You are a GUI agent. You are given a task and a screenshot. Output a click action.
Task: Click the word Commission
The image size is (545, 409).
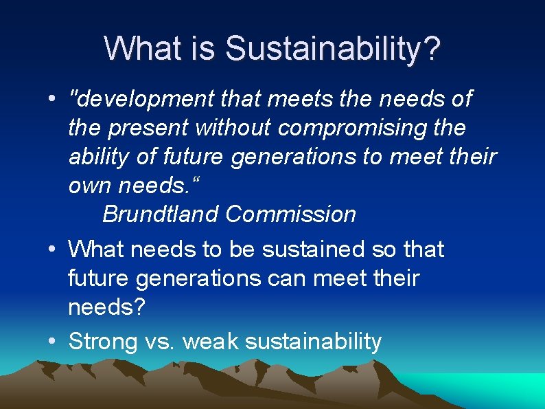coord(290,214)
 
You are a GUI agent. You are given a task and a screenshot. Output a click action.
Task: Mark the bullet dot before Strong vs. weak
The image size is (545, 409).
coord(52,340)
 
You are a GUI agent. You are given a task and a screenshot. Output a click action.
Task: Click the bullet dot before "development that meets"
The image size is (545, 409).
coord(52,99)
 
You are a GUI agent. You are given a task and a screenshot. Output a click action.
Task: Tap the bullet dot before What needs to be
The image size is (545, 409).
coord(52,249)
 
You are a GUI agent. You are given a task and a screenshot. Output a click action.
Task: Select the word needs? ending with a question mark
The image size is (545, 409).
coord(107,307)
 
